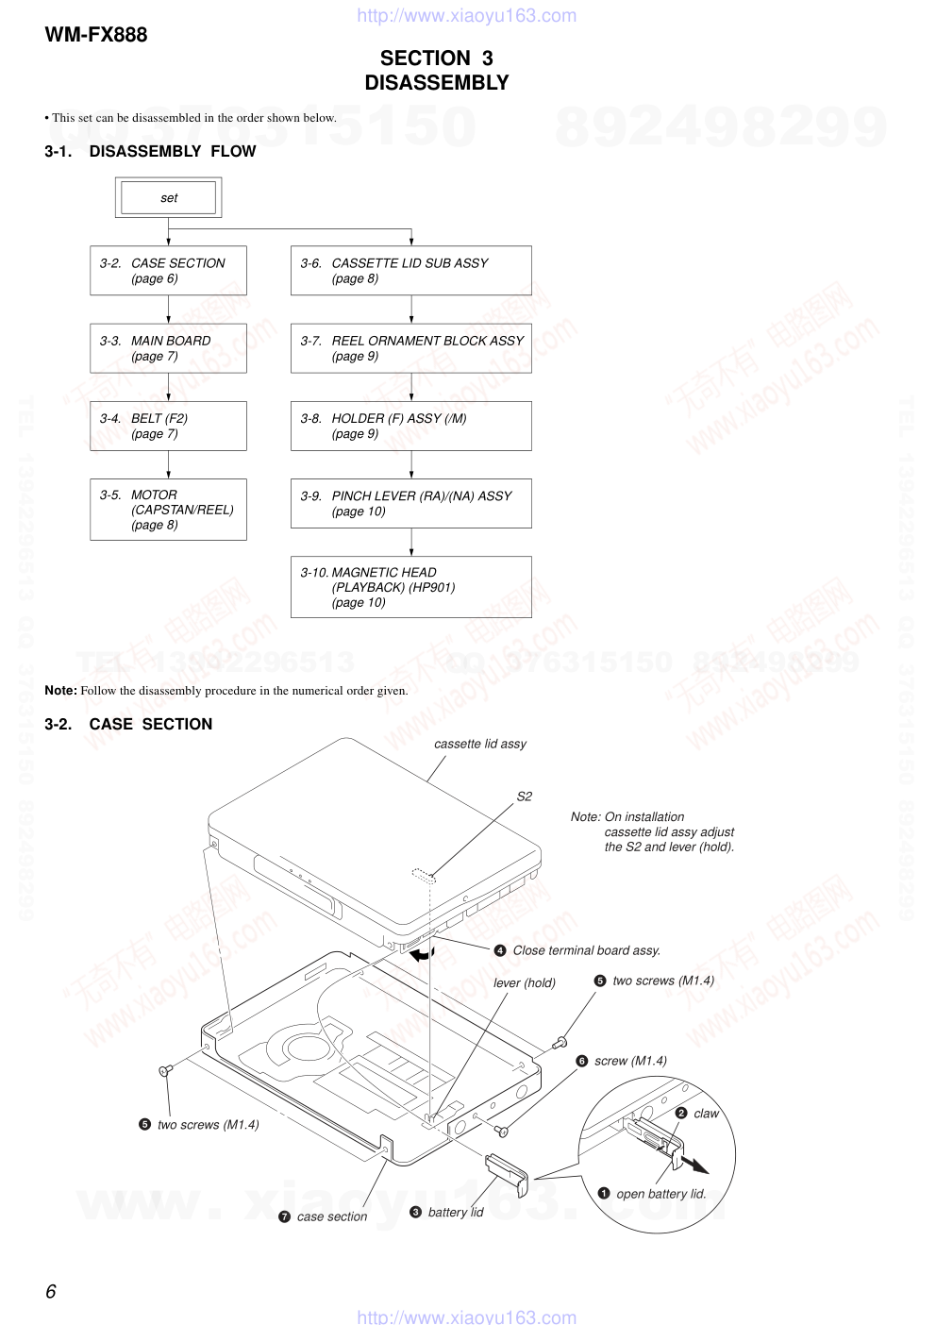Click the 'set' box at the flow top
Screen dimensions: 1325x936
click(169, 198)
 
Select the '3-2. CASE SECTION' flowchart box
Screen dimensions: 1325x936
click(168, 271)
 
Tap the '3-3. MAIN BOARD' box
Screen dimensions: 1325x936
click(168, 348)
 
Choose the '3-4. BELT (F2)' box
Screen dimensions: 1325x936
click(168, 426)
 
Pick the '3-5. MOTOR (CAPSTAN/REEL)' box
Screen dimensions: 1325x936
click(168, 510)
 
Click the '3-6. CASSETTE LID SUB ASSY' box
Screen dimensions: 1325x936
click(410, 271)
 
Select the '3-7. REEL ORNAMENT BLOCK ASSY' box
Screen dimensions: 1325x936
click(410, 348)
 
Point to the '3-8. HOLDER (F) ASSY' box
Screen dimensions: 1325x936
click(410, 426)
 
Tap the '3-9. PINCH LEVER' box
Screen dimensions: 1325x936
click(410, 503)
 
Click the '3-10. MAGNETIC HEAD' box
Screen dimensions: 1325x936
click(410, 587)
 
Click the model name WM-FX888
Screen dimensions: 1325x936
click(96, 35)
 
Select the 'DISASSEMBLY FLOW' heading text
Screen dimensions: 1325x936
click(173, 151)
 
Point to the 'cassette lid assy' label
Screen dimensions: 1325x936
click(480, 744)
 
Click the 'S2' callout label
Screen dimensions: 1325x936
click(525, 797)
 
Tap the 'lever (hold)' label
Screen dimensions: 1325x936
click(525, 982)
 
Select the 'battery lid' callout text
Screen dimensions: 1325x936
click(456, 1213)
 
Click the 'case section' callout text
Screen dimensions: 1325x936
click(332, 1217)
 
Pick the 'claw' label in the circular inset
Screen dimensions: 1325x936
click(706, 1114)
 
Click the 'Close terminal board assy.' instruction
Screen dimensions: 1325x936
click(586, 950)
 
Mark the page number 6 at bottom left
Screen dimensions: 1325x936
click(51, 1291)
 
